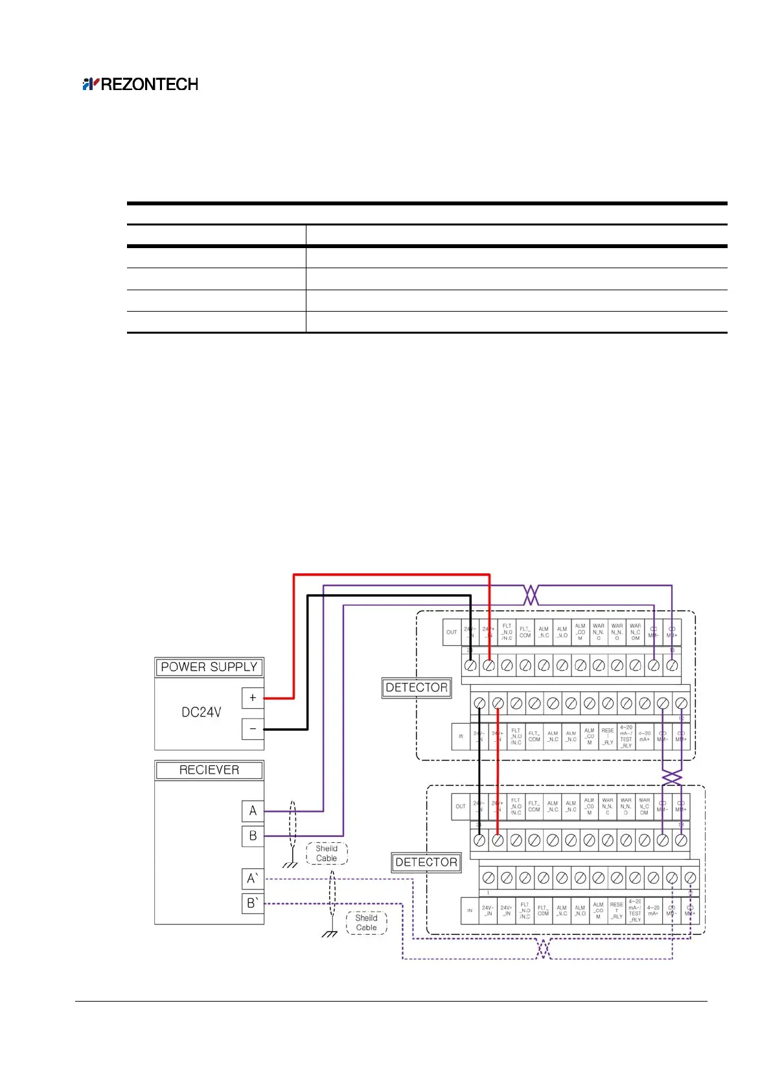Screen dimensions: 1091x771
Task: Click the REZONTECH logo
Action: pos(140,84)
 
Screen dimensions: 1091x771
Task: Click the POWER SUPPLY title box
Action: pos(209,667)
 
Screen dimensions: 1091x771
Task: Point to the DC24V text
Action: pos(201,712)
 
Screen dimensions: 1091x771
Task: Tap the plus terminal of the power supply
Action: pos(253,698)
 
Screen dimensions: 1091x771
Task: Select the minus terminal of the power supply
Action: pos(253,729)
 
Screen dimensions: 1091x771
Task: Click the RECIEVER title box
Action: pos(209,770)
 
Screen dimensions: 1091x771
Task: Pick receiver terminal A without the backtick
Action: pos(253,810)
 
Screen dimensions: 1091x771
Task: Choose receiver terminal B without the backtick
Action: pos(253,836)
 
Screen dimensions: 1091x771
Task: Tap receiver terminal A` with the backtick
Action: pos(253,879)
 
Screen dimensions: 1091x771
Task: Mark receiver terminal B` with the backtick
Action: pos(253,903)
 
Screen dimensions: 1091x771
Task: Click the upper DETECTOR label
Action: pos(417,687)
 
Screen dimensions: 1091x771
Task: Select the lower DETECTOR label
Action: pos(426,862)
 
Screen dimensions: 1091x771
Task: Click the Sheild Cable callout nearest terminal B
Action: pos(327,853)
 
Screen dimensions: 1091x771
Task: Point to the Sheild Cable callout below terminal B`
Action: pos(366,923)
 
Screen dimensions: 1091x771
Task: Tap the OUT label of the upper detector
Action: pos(452,632)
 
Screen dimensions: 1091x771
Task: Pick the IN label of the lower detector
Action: pos(470,910)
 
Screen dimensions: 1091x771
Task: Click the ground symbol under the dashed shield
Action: pos(330,934)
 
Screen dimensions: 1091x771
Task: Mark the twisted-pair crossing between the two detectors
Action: pos(672,777)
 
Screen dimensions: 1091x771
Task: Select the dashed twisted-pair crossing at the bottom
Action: pos(544,949)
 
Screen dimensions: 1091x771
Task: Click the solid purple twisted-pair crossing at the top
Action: pos(531,595)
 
